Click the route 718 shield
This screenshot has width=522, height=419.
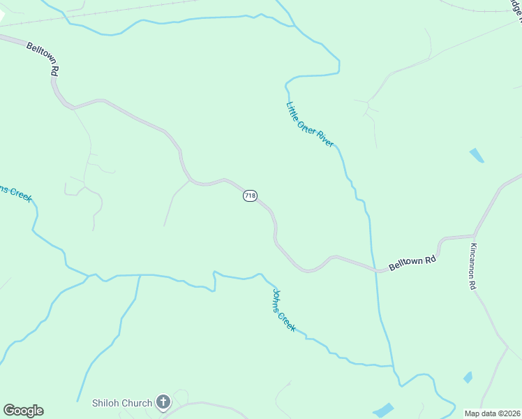pos(250,196)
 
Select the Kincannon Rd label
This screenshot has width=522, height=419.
pos(472,266)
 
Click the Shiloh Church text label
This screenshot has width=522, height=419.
pos(122,403)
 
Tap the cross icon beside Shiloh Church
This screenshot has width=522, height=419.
pos(163,402)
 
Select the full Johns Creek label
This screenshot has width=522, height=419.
pos(284,310)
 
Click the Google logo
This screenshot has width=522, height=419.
pos(23,411)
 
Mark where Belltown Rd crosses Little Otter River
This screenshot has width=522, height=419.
pos(376,270)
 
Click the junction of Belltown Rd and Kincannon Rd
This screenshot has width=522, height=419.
pos(475,235)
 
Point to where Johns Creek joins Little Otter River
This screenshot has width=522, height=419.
pos(393,365)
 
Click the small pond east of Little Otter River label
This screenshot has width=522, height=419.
pos(477,155)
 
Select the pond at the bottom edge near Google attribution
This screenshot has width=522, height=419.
pos(383,410)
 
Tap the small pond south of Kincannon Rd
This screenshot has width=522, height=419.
pos(468,377)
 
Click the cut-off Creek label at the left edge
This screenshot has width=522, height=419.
pos(15,193)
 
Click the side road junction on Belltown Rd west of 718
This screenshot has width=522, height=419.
pos(190,179)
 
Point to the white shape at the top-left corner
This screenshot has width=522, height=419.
pos(2,15)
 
